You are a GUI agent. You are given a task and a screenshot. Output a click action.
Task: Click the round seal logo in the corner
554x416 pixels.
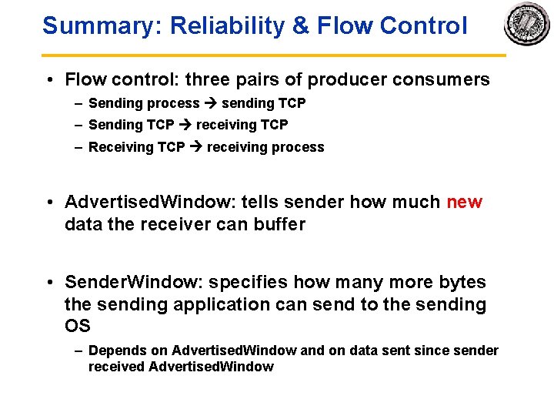[x=527, y=25]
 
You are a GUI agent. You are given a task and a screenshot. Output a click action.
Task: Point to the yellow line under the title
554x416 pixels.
[x=273, y=55]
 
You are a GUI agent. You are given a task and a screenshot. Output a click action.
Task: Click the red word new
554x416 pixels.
[x=464, y=203]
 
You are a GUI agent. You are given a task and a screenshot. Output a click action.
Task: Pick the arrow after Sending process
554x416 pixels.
[x=210, y=103]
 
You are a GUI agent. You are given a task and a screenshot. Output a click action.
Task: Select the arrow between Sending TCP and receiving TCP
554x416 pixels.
[x=185, y=125]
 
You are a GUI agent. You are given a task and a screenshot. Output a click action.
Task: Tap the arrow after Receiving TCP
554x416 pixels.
[x=195, y=147]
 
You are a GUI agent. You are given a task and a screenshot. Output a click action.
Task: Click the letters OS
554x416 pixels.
[x=78, y=326]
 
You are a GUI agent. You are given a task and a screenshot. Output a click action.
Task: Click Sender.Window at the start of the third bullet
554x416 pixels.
[x=125, y=282]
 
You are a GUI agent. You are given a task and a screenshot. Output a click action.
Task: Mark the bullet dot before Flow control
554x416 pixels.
[x=48, y=80]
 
